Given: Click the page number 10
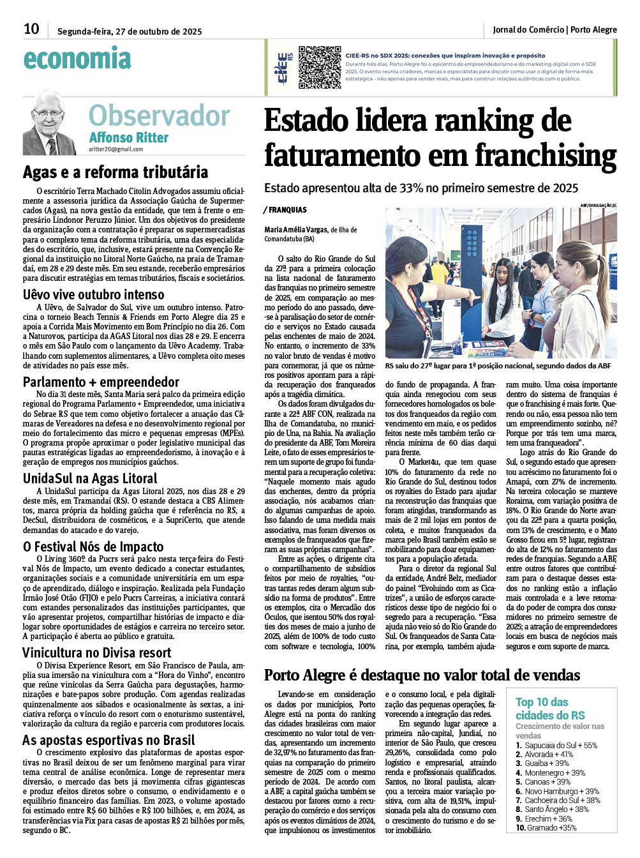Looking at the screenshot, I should coord(31,29).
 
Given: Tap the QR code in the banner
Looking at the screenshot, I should coord(320,67).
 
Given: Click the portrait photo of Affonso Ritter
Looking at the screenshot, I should coord(49,123).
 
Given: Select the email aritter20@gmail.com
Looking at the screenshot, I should coord(115,149).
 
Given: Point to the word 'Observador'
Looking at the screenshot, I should coord(159,116).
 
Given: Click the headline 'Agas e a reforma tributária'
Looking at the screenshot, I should coord(115,172).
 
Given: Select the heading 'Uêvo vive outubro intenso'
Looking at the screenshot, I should coord(94,294).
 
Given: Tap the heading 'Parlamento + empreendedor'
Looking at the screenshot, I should coord(101,382).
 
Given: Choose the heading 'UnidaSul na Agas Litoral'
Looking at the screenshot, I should coord(90,478).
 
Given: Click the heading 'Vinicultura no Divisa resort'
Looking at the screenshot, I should coord(97,652).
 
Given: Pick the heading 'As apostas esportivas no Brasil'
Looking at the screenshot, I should coord(108,740).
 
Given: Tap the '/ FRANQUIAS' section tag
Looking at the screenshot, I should coord(285,210).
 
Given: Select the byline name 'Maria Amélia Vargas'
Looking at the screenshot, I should coord(296,230).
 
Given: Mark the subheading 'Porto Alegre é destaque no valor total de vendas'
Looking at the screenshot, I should coord(422,675).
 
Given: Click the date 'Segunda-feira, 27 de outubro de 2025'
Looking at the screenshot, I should coord(130,31).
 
